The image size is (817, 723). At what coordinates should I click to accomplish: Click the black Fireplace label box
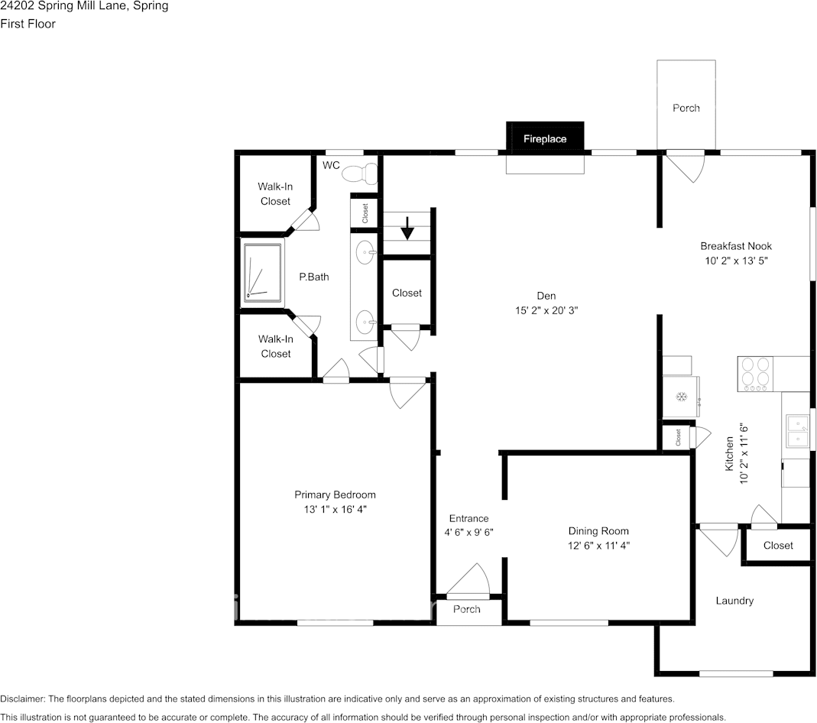(x=545, y=138)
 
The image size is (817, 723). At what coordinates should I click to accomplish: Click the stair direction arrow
(x=408, y=228)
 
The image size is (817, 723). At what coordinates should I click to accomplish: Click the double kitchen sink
(x=796, y=430)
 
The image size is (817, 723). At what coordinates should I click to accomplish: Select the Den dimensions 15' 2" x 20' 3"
(x=546, y=310)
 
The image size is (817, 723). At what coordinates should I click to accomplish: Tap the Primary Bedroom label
(x=335, y=494)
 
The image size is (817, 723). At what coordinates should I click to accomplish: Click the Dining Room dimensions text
(x=598, y=545)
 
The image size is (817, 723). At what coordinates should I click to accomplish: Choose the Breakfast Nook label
(x=735, y=246)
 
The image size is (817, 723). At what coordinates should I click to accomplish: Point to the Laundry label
(x=734, y=601)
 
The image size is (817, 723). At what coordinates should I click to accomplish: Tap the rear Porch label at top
(x=686, y=108)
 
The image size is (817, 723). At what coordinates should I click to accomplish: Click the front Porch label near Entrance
(x=466, y=609)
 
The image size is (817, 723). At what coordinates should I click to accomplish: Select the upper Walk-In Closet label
(x=275, y=193)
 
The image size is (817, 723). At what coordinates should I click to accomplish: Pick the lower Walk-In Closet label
(x=275, y=346)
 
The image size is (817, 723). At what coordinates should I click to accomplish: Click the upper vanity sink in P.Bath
(x=366, y=251)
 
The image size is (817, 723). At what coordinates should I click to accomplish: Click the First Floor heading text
(x=28, y=24)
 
